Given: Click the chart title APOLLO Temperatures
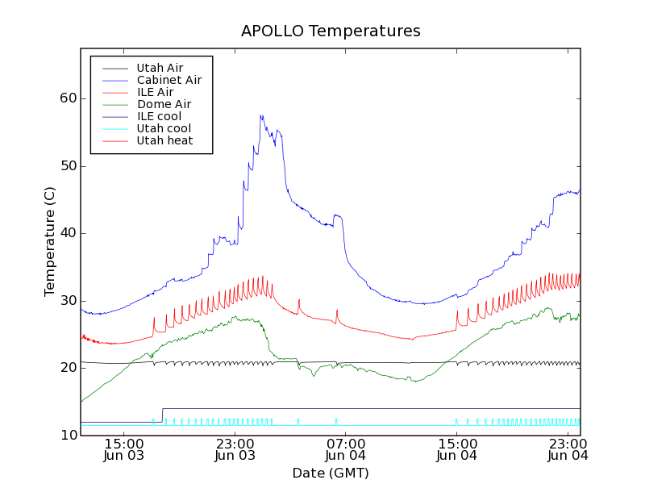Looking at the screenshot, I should [331, 31].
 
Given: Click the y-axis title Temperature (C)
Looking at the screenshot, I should [50, 240].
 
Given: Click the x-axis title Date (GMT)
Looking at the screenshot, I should [331, 473].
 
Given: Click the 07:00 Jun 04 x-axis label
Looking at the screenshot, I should [345, 449].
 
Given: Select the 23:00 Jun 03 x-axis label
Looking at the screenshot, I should [235, 449].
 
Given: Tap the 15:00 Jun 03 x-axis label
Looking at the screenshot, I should [124, 449].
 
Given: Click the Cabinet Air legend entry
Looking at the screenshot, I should [169, 80].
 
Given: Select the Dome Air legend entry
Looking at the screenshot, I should [164, 104].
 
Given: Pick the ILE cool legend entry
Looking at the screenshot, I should [159, 116].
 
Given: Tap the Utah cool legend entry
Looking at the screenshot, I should [164, 128].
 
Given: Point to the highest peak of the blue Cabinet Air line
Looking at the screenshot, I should [261, 115].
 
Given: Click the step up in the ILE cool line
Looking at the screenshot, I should [163, 415].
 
